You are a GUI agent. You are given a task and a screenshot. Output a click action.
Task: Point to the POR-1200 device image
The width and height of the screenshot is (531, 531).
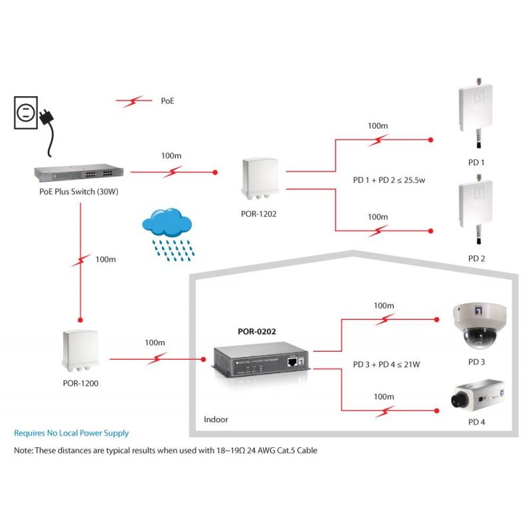[80, 351]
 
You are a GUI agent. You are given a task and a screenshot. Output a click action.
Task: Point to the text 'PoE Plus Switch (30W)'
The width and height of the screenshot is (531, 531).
[79, 193]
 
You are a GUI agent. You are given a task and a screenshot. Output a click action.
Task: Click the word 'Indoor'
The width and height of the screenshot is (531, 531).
[216, 420]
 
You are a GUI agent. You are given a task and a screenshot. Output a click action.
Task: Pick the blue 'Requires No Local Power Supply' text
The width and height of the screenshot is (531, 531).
[71, 433]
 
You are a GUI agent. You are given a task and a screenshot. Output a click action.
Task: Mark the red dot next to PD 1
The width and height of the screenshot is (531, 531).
[431, 140]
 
